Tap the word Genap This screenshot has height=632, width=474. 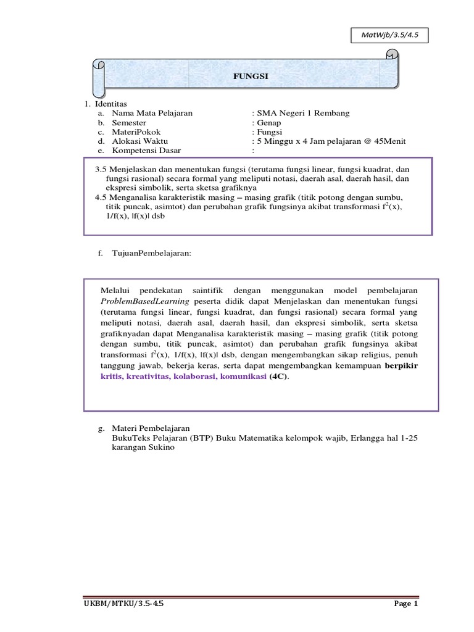click(x=269, y=123)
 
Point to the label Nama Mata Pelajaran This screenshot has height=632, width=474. click(x=152, y=113)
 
